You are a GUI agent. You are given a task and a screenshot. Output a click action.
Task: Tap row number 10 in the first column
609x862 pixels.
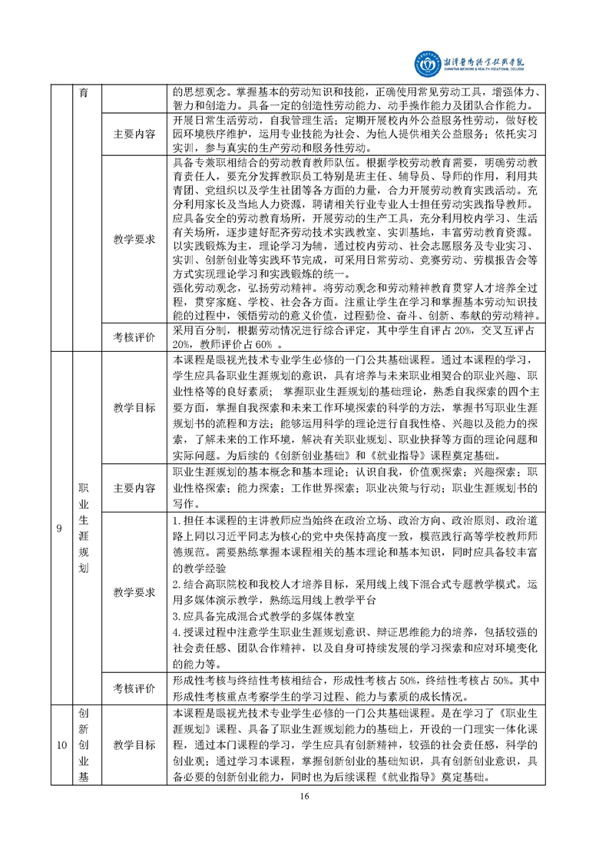click(59, 744)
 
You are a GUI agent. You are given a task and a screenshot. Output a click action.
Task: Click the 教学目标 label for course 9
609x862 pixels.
click(134, 405)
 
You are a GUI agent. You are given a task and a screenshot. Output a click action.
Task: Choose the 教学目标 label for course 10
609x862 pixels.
click(134, 744)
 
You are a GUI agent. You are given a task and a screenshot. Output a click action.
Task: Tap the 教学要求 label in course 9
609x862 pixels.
click(134, 591)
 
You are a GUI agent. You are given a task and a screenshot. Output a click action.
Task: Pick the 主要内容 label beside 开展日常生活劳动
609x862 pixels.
click(134, 133)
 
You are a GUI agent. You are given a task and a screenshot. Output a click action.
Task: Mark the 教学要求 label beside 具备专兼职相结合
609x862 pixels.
click(134, 238)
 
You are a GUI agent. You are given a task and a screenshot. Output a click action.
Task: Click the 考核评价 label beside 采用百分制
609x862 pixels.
click(134, 336)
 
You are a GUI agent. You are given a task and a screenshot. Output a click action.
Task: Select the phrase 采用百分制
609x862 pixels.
click(195, 329)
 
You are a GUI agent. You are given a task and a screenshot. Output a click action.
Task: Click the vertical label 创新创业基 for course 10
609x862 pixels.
click(84, 744)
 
